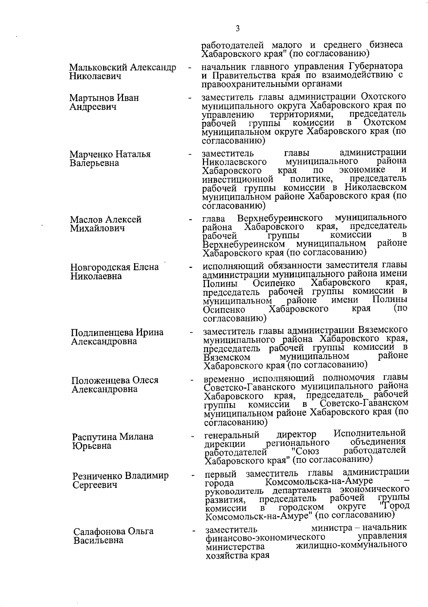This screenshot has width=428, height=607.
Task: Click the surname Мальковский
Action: coord(97,67)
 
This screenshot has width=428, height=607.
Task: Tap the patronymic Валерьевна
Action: coord(95,163)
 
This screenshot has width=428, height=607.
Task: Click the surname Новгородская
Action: coord(101,267)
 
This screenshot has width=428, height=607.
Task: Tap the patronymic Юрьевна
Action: coord(92,446)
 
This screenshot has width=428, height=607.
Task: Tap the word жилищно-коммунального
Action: coord(352,545)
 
